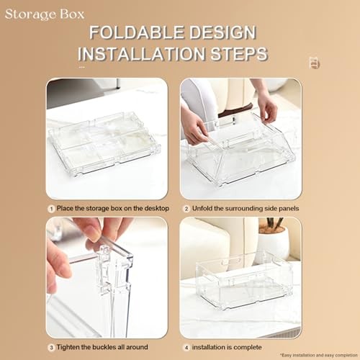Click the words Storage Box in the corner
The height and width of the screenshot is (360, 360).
pyautogui.click(x=44, y=13)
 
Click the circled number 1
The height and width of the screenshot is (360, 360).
pyautogui.click(x=51, y=209)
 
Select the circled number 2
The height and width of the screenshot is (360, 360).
pyautogui.click(x=186, y=209)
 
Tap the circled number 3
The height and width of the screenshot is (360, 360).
pyautogui.click(x=51, y=348)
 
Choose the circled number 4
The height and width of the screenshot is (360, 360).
pyautogui.click(x=186, y=348)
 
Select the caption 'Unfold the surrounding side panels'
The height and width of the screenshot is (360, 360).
pyautogui.click(x=243, y=209)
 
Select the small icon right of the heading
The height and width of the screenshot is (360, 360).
pyautogui.click(x=314, y=63)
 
